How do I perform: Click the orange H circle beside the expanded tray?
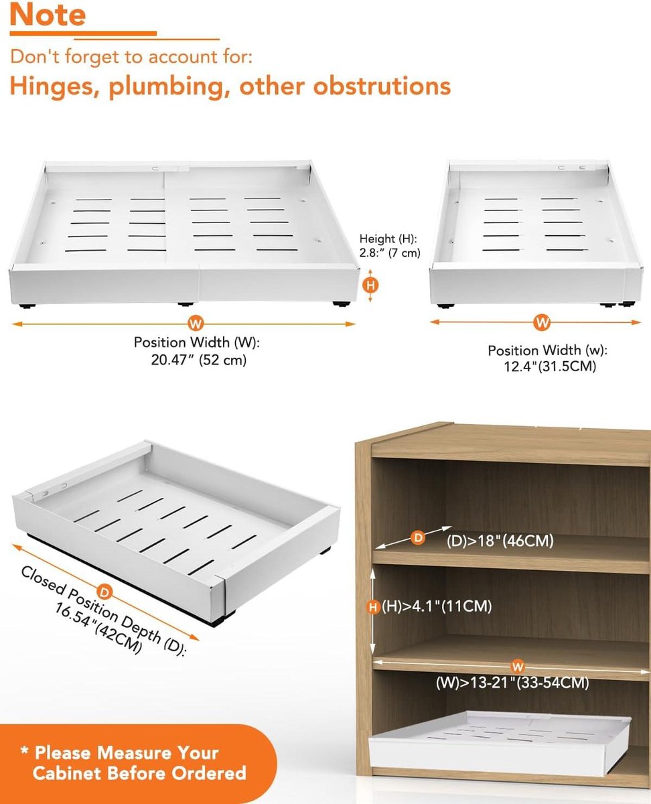(x=370, y=285)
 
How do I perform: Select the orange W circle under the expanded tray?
(x=196, y=324)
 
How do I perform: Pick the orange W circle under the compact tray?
(x=542, y=323)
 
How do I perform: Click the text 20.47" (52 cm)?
(x=199, y=360)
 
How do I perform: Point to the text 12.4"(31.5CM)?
(x=550, y=366)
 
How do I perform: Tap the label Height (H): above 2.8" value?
(x=388, y=239)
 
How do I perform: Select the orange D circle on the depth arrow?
(x=104, y=592)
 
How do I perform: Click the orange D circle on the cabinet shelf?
(x=418, y=537)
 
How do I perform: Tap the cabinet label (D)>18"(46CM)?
(x=500, y=541)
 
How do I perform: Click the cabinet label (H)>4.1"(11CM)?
(x=437, y=606)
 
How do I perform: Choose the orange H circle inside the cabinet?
(x=373, y=607)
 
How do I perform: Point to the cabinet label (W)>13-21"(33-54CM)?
(x=512, y=683)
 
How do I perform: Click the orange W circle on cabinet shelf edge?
(x=518, y=667)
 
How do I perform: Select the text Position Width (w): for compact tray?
(x=548, y=350)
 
